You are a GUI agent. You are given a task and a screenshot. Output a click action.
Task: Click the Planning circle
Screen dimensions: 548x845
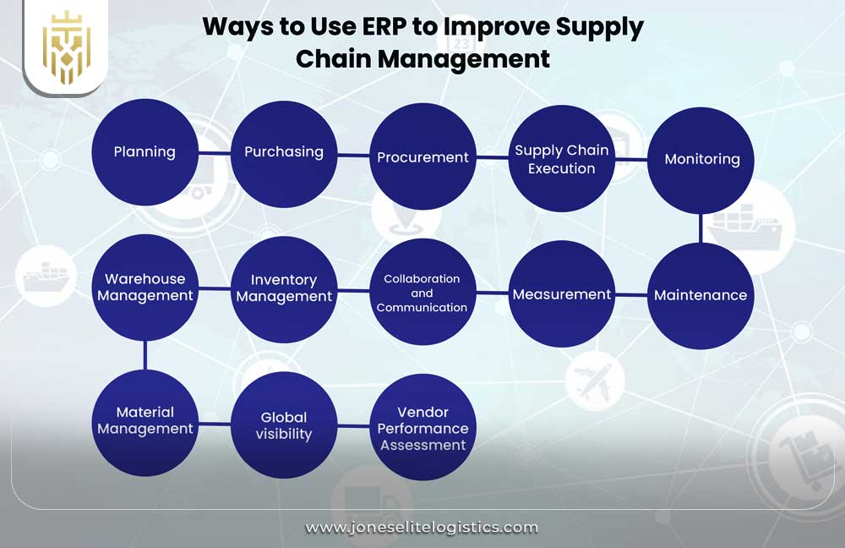coord(144,152)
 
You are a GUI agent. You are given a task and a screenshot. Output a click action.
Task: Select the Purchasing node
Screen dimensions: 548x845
coord(284,153)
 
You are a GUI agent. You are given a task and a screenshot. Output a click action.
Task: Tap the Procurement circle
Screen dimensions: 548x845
coord(422,156)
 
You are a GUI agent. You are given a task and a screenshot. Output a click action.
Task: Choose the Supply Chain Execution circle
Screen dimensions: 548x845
coord(562,159)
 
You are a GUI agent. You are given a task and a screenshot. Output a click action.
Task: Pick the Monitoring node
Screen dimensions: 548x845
coord(701,159)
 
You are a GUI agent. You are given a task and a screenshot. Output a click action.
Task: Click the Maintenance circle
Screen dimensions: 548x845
coord(701,295)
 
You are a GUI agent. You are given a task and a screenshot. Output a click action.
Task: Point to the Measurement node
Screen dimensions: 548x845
coord(562,294)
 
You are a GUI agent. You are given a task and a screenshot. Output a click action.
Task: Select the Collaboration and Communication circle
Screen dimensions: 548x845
coord(422,293)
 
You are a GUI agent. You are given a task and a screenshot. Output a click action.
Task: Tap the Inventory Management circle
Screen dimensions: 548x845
coord(284,288)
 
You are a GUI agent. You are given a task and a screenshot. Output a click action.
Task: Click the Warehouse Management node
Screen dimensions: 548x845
coord(144,288)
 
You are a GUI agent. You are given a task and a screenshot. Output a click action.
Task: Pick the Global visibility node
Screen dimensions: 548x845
coord(284,425)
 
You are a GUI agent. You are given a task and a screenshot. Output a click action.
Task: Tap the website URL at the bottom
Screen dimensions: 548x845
coord(422,528)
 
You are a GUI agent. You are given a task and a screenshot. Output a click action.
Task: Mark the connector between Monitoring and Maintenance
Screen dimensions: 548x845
coord(701,227)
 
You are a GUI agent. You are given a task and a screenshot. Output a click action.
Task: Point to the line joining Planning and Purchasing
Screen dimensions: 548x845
coord(215,153)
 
